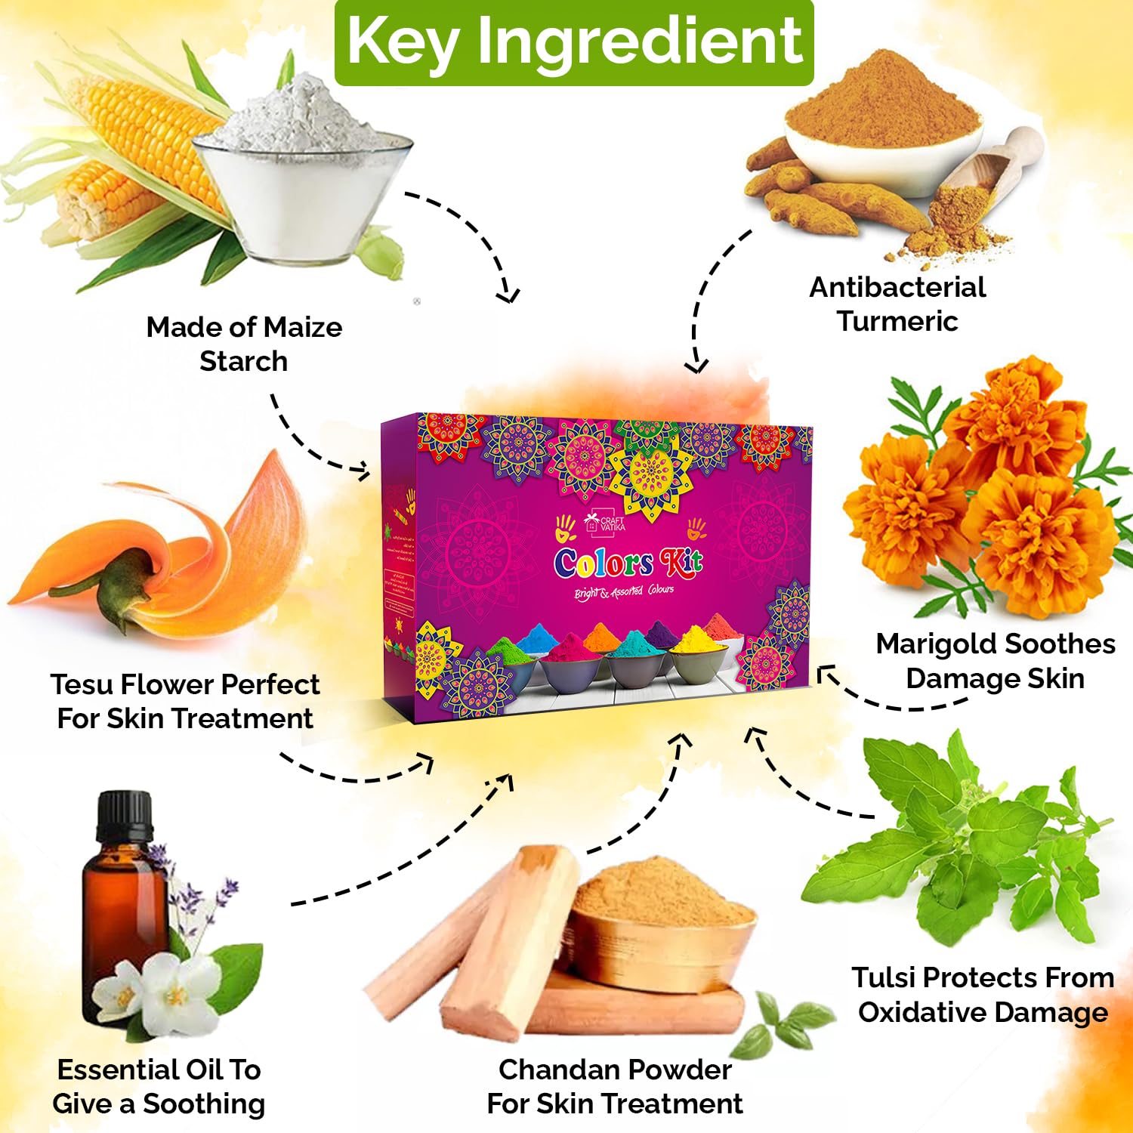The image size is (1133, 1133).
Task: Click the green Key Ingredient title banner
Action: click(x=574, y=42)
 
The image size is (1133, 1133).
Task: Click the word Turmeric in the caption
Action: click(x=897, y=321)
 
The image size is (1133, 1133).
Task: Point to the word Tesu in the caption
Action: click(x=82, y=684)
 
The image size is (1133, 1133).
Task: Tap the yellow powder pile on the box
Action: click(x=693, y=641)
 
